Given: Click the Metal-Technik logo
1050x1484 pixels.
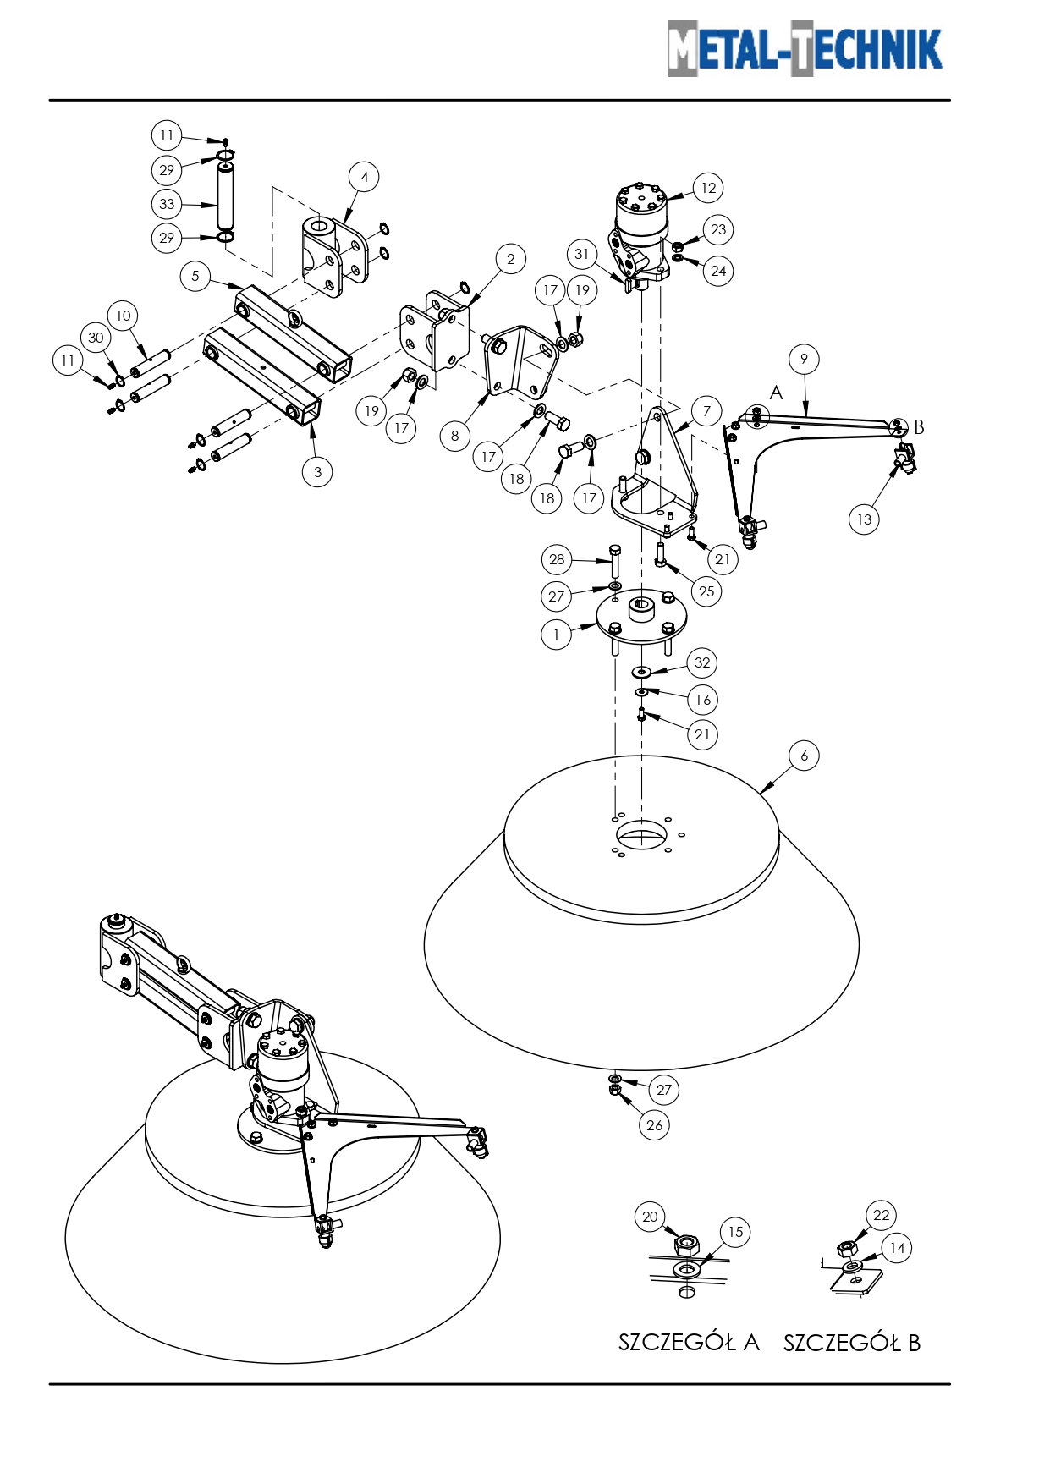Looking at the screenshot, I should (805, 49).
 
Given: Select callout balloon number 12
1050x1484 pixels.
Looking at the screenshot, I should (708, 188).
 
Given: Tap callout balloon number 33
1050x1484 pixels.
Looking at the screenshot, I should (167, 204).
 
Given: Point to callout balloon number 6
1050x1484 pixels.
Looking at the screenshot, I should (804, 756).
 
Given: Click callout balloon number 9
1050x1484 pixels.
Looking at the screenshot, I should (804, 359).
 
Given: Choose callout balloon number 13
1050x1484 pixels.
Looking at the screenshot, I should (864, 519).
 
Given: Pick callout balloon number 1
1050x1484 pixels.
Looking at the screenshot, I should (556, 635).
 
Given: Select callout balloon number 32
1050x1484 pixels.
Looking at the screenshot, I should (702, 662).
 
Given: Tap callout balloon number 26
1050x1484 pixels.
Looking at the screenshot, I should (654, 1125).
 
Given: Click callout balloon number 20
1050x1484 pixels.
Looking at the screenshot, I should (650, 1217).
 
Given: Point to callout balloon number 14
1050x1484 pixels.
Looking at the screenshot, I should (897, 1248).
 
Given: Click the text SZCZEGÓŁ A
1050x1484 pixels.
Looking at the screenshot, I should (689, 1343).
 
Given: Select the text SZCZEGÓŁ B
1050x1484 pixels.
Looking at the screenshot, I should (851, 1343).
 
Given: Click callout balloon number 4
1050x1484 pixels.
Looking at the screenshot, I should (364, 177).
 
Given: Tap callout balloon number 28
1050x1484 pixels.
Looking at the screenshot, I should (557, 559).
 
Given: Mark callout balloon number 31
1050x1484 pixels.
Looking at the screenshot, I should (581, 254).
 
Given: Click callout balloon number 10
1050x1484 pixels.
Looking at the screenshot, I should (123, 316).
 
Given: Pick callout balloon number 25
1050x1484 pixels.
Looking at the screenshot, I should (706, 591).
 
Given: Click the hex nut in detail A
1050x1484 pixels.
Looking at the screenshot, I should (686, 1244).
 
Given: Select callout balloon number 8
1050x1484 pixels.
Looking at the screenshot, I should (454, 436).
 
